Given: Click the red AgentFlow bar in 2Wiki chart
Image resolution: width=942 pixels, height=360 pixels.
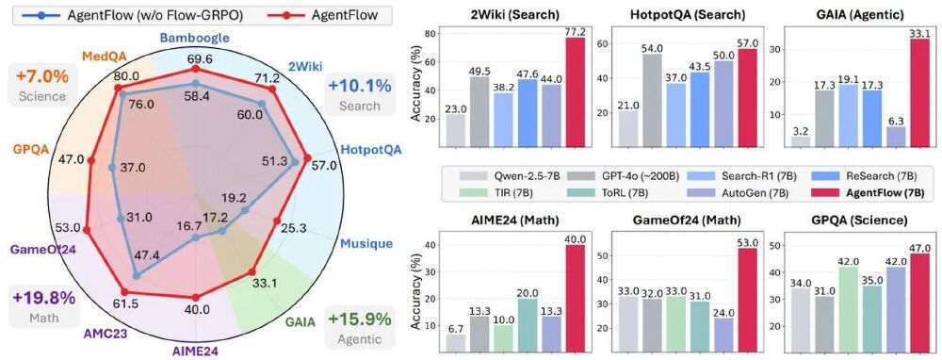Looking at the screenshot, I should (x=574, y=92).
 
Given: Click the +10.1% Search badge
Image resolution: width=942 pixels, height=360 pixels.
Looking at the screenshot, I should (x=358, y=95).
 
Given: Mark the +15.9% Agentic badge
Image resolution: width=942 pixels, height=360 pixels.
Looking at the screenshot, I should (x=358, y=327).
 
